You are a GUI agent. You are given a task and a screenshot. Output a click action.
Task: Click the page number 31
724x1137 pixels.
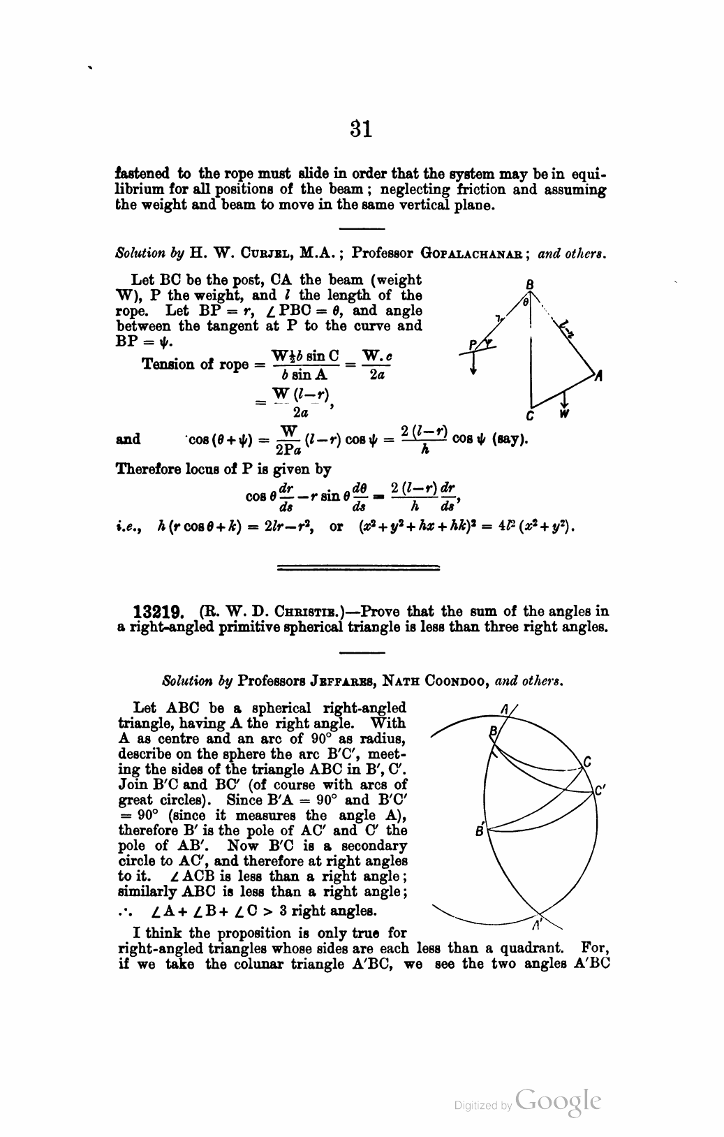(x=361, y=129)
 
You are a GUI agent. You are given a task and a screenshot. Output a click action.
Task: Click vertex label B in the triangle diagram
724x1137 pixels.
(x=530, y=284)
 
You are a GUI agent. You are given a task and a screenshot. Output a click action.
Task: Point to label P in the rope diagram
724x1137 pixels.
(x=473, y=343)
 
